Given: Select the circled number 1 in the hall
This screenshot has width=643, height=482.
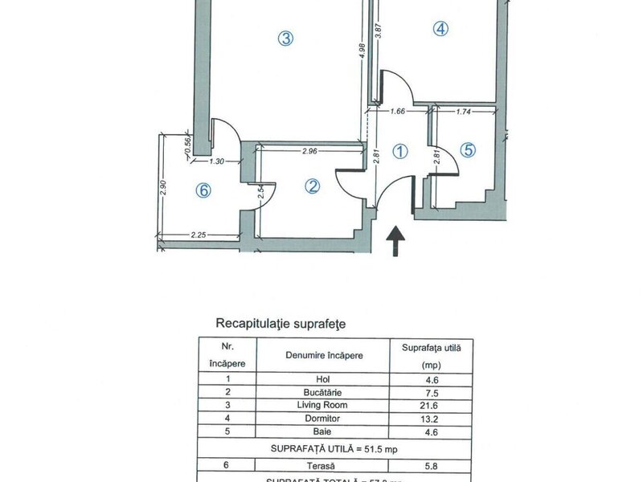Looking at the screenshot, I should pyautogui.click(x=399, y=151).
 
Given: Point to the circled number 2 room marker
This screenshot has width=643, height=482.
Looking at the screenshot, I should pyautogui.click(x=313, y=186).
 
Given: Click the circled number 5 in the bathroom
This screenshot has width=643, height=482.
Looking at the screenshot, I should pyautogui.click(x=469, y=149).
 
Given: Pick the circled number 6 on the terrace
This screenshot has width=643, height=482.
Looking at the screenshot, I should pyautogui.click(x=203, y=190).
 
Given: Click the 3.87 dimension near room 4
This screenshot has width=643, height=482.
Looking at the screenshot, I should pyautogui.click(x=378, y=33).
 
